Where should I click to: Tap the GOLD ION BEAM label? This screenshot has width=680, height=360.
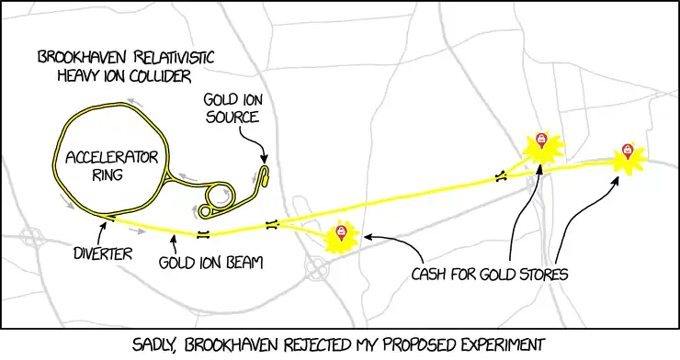coord(210,263)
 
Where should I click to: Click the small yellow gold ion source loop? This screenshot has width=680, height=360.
coord(265,175)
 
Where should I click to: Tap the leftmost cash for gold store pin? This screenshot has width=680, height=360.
coord(342,232)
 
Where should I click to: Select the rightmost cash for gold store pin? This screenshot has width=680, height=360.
coord(629,151)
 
